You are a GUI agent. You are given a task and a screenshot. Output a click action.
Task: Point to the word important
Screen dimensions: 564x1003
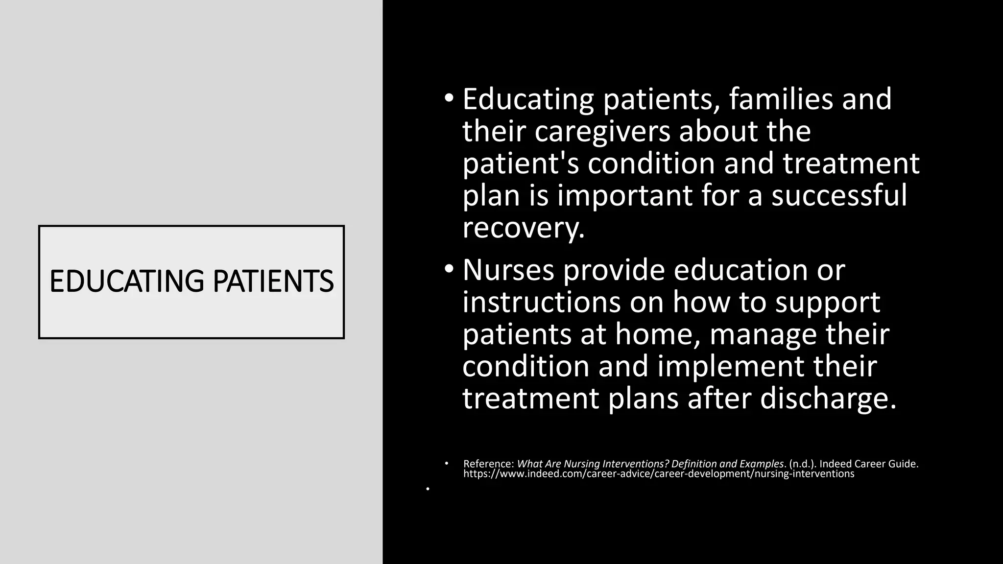(x=624, y=196)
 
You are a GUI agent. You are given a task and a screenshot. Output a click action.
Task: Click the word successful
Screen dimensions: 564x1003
(x=839, y=196)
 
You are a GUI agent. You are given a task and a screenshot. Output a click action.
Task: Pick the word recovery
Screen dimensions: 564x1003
(x=523, y=228)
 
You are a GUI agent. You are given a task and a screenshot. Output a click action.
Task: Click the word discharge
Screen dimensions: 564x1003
(x=828, y=399)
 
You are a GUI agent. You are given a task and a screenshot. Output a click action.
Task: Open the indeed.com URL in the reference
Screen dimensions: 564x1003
(x=658, y=474)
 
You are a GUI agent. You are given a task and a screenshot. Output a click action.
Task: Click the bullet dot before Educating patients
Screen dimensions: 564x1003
(x=449, y=98)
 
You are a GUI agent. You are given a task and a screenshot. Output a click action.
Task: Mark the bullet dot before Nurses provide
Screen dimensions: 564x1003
(x=449, y=268)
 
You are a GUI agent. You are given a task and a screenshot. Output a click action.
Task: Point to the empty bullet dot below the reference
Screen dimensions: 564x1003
(x=428, y=489)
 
